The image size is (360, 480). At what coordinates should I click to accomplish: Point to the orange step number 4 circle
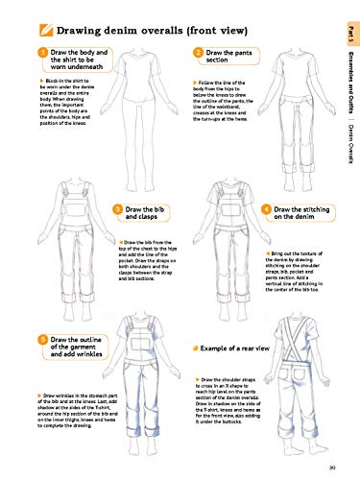(x=266, y=209)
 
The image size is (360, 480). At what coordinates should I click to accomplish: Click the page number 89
(x=330, y=468)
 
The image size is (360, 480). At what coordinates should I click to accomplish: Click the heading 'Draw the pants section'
(x=230, y=57)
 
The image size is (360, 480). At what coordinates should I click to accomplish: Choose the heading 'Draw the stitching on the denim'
(x=301, y=214)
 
